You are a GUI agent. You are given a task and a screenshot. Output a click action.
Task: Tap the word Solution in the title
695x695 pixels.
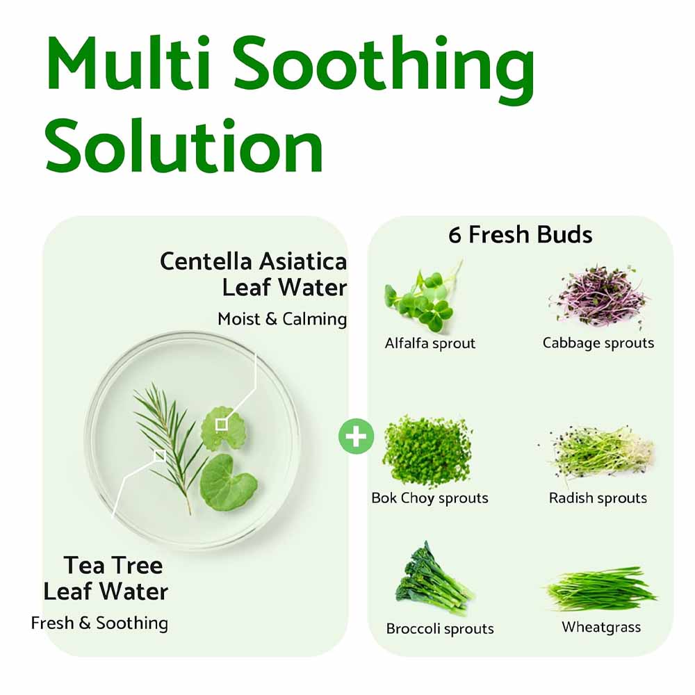(x=184, y=147)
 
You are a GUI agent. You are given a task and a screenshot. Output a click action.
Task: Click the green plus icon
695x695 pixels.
(x=357, y=436)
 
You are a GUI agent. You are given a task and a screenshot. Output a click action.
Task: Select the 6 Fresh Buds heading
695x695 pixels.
(x=521, y=235)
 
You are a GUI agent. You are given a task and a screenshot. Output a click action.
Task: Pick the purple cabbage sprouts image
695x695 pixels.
(x=600, y=297)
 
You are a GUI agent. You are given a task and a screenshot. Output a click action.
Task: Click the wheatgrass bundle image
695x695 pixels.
(x=601, y=589)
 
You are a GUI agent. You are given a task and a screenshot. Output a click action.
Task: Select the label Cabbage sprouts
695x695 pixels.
(x=598, y=343)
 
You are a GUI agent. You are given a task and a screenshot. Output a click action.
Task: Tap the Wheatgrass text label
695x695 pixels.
(x=601, y=627)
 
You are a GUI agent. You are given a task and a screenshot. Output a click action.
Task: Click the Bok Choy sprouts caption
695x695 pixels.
(x=430, y=498)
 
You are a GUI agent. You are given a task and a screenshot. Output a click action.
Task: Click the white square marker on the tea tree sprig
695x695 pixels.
(x=160, y=455)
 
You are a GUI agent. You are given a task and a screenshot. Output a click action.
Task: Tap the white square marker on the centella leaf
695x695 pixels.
(x=221, y=424)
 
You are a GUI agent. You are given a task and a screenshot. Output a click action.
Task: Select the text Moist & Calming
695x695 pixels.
(x=282, y=319)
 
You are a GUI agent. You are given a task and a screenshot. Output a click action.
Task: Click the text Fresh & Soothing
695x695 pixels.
(x=99, y=623)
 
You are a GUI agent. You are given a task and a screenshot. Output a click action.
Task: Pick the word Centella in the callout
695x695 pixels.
(x=207, y=262)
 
